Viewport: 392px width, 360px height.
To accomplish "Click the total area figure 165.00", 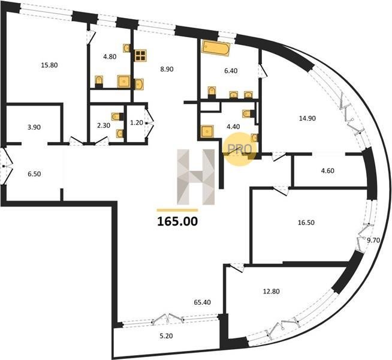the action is tap(177, 221).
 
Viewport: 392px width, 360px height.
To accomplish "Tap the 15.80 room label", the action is tap(49, 65).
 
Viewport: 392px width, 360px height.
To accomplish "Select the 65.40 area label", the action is tap(202, 302).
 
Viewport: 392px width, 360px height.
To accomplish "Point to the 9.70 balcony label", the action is tap(373, 241).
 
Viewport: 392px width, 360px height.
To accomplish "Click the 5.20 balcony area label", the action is tap(166, 336).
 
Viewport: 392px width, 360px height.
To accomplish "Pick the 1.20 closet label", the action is tap(137, 122).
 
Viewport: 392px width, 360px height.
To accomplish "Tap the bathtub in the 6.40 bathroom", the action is tap(216, 48).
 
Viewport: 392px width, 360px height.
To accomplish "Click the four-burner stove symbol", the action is tap(140, 56).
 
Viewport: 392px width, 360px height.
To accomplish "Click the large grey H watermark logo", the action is tap(196, 177).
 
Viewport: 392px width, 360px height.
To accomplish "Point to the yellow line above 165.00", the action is tap(177, 210).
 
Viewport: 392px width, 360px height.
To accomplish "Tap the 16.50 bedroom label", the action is tap(306, 223).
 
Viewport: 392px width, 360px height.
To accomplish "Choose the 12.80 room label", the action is tap(272, 292).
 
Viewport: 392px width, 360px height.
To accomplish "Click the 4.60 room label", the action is tap(327, 171).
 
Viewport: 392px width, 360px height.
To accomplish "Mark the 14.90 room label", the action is tap(307, 118).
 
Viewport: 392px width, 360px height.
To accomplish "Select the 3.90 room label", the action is tap(34, 127).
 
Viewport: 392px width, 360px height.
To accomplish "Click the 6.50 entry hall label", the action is tap(34, 174).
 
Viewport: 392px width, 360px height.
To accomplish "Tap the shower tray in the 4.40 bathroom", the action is tap(207, 131).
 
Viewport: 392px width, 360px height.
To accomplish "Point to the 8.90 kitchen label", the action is tap(167, 69).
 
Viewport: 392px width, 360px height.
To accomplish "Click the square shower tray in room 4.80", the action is tap(124, 82).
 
